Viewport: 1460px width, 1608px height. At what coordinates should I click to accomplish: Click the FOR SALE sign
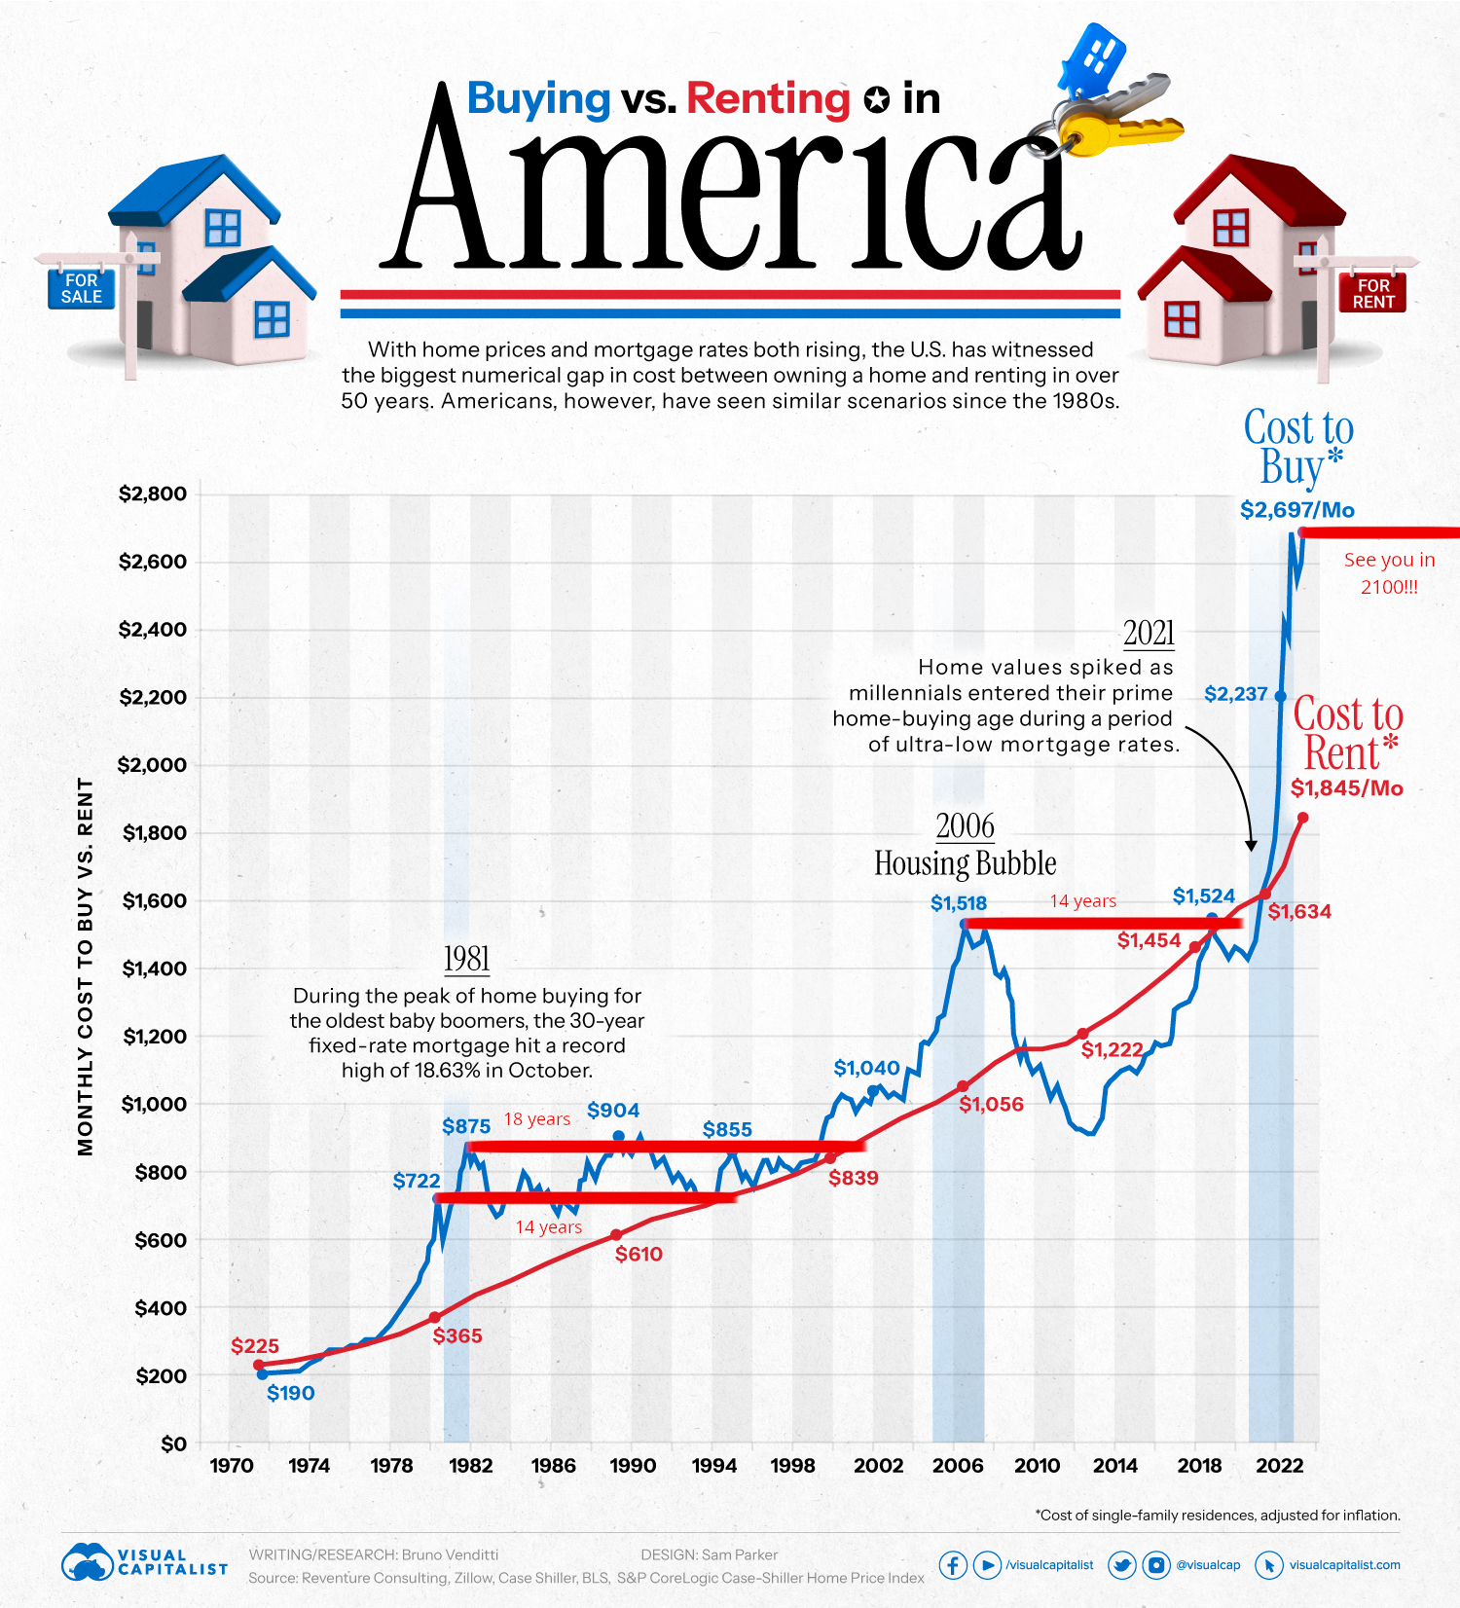point(82,288)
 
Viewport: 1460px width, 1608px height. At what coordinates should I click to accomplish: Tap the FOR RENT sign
point(1372,293)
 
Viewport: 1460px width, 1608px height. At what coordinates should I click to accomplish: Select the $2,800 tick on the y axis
point(153,493)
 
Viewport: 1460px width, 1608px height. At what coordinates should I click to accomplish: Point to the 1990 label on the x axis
point(633,1466)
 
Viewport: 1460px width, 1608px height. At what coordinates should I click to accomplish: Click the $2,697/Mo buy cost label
point(1296,509)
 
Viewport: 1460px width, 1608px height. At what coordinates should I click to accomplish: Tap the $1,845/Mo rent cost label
point(1347,788)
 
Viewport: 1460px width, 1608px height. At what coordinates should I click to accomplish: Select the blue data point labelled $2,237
point(1280,697)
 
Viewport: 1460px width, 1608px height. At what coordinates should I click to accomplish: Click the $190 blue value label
point(290,1393)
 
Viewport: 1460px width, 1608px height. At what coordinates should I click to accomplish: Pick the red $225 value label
point(255,1346)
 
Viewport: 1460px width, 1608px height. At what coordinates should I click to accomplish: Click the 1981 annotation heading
point(466,959)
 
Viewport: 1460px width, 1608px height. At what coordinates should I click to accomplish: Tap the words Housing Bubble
point(965,863)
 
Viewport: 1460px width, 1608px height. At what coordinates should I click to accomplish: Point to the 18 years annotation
point(536,1119)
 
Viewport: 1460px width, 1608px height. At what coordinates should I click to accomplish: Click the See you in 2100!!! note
point(1389,572)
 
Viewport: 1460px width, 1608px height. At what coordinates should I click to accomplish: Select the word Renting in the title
point(768,98)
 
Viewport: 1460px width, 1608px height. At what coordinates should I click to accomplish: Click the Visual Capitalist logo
point(144,1562)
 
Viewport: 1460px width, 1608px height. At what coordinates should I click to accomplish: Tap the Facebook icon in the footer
point(952,1565)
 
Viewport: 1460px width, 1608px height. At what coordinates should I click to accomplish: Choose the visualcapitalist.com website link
point(1344,1565)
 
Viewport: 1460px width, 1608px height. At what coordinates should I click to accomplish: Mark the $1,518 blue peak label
point(958,903)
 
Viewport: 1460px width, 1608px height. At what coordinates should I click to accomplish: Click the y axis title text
point(86,967)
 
